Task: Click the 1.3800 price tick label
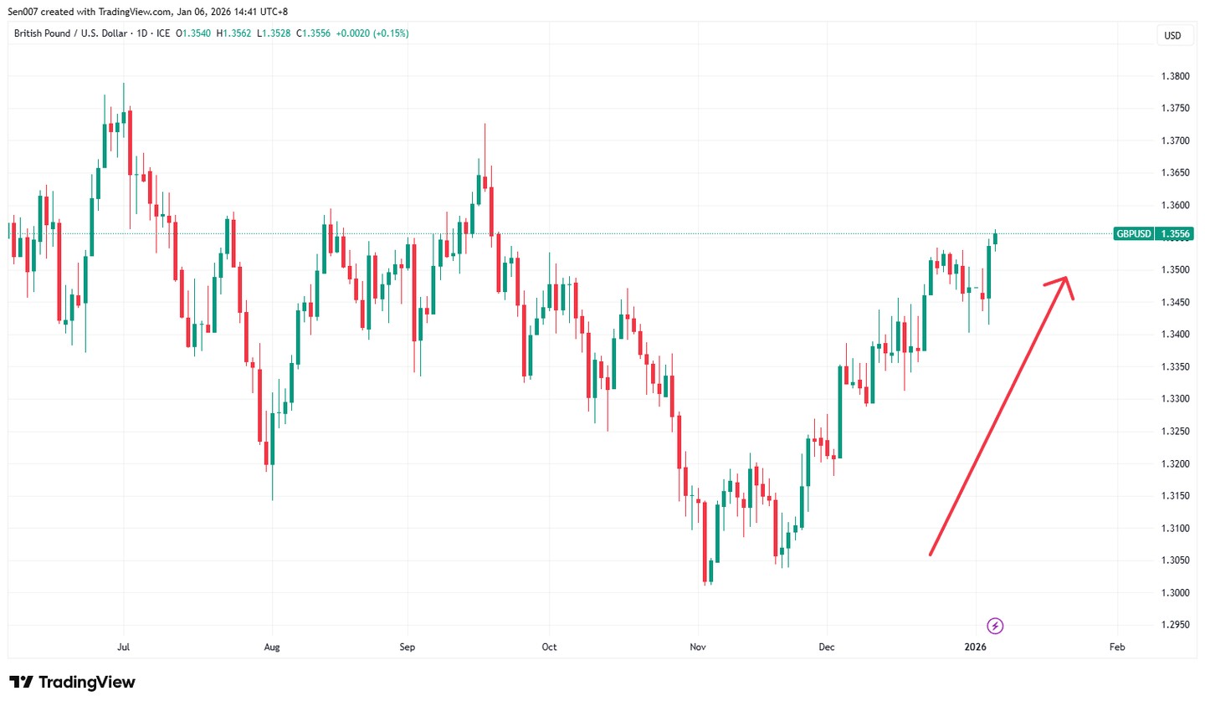[x=1175, y=76]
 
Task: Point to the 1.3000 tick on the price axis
[x=1175, y=593]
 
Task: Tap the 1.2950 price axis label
[x=1175, y=625]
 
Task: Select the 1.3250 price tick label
[x=1175, y=432]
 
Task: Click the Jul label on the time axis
[x=124, y=647]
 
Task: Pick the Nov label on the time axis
[x=698, y=647]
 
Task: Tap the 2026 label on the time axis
[x=975, y=647]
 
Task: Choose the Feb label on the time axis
[x=1116, y=647]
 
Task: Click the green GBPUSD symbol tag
[x=1133, y=234]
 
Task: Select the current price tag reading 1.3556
[x=1175, y=234]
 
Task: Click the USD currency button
[x=1172, y=35]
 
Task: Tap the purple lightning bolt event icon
[x=995, y=626]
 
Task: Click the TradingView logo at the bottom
[x=72, y=683]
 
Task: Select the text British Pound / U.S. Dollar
[x=70, y=33]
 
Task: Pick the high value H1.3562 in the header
[x=233, y=33]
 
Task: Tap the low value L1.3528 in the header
[x=274, y=33]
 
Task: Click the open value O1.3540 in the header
[x=193, y=33]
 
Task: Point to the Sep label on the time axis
[x=408, y=647]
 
